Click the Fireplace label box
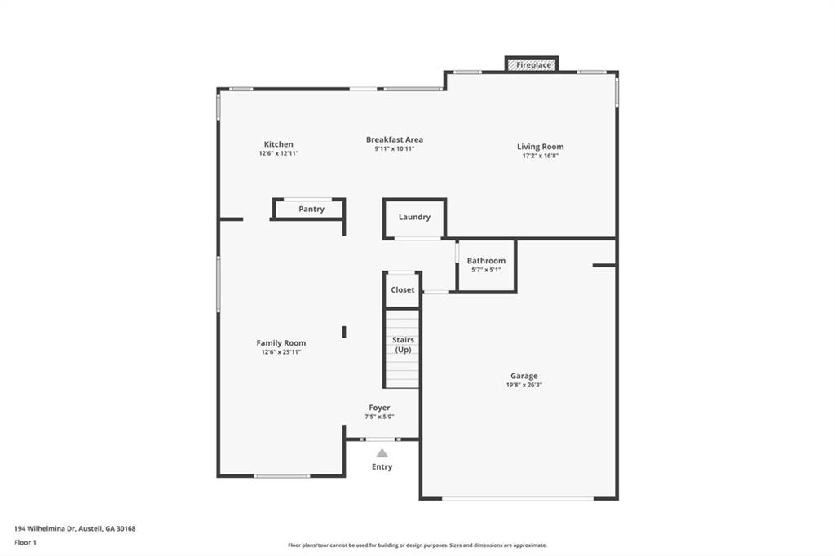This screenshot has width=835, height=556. tap(532, 64)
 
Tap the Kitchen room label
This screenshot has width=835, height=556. tap(279, 144)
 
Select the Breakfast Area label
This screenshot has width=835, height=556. tap(395, 139)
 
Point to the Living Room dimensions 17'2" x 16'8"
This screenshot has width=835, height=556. tap(540, 156)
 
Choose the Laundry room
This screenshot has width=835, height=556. tap(414, 218)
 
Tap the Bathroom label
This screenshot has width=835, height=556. tap(486, 260)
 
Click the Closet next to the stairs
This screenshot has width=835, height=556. tap(403, 289)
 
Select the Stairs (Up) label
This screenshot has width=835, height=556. tap(403, 345)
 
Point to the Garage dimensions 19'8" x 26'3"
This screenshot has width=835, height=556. tap(524, 385)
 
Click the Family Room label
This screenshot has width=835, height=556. tap(281, 343)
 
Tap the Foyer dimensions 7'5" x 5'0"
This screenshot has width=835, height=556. tap(379, 417)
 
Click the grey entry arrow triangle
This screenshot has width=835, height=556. tap(382, 453)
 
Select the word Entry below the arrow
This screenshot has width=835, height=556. tap(382, 466)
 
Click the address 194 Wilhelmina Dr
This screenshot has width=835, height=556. tap(46, 529)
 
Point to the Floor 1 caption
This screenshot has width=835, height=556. tap(25, 543)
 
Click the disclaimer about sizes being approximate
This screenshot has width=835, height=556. tap(417, 545)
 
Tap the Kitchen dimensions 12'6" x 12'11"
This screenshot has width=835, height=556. tap(279, 153)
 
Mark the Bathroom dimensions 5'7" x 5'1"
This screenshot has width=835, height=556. tap(486, 270)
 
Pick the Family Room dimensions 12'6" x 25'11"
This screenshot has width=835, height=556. tap(281, 352)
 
